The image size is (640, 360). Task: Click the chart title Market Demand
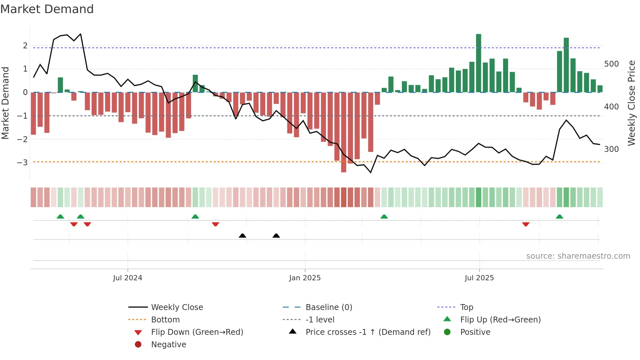point(47,9)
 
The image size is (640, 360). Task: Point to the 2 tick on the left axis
point(25,46)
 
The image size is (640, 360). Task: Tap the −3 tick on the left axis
point(23,162)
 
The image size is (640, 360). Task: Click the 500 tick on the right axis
point(611,64)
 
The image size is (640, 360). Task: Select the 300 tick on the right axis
point(611,149)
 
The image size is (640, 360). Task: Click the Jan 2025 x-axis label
point(305,278)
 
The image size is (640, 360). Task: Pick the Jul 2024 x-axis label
point(127,278)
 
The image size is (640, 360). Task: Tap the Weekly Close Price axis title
point(632,103)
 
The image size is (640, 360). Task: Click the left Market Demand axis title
point(5,103)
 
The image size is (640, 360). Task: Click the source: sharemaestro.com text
point(578,256)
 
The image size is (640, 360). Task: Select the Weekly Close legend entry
point(177,307)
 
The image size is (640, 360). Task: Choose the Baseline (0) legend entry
point(328,307)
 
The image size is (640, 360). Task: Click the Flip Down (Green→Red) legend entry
point(197,332)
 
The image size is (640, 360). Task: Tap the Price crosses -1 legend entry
point(368,332)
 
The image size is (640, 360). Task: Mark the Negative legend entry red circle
point(138,345)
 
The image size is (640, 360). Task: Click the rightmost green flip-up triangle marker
point(559,217)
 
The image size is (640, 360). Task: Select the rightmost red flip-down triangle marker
point(526,224)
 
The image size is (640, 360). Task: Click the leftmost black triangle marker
point(242,236)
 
